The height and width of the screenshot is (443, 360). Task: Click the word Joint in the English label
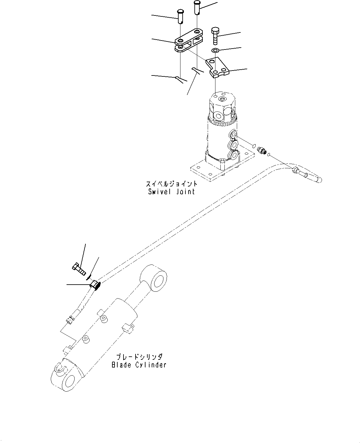(x=186, y=191)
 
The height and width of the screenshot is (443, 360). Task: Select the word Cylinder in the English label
(x=151, y=365)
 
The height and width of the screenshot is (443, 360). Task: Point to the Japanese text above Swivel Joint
(x=171, y=184)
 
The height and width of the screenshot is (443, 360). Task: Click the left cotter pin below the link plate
(x=180, y=79)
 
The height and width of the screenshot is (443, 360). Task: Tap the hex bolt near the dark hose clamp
(x=79, y=269)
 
